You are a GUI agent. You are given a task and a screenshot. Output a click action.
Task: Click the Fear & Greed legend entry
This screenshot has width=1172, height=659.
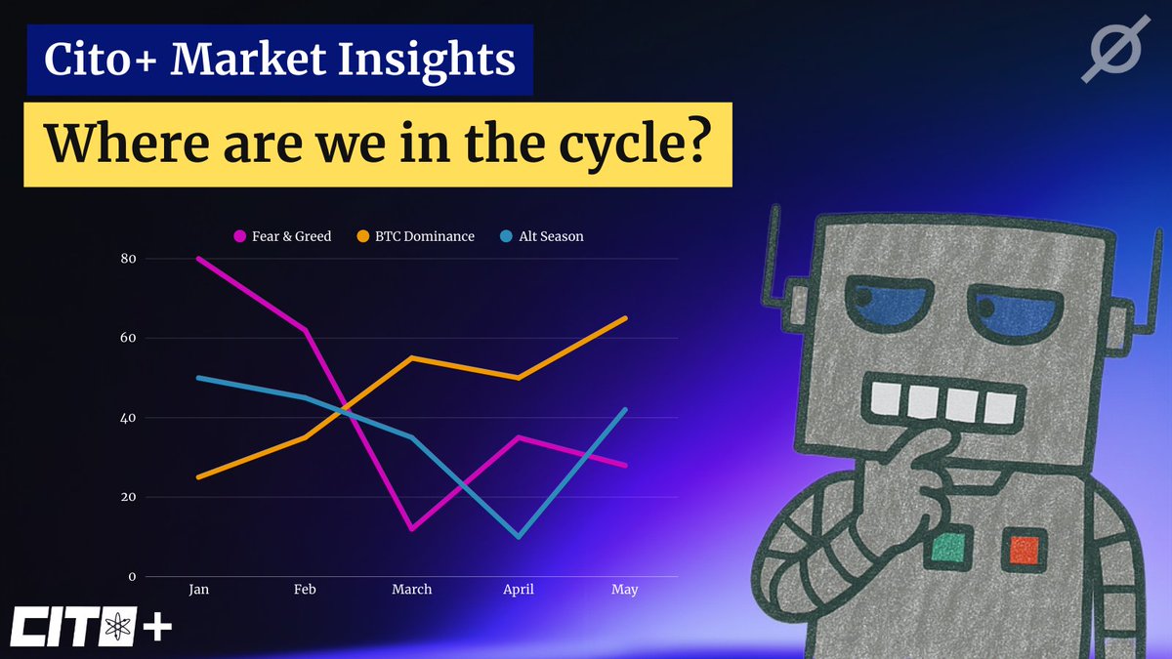(x=283, y=236)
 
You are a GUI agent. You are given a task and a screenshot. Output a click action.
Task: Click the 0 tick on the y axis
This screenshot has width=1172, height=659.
(x=132, y=577)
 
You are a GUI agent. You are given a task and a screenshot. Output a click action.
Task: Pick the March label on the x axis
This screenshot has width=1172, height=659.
(x=412, y=590)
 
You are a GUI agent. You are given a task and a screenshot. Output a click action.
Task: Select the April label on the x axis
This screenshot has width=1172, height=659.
(x=519, y=590)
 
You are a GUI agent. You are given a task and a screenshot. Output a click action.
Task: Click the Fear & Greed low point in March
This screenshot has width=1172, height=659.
(x=412, y=529)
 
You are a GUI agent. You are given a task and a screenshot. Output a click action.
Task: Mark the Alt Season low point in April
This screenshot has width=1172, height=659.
(x=519, y=537)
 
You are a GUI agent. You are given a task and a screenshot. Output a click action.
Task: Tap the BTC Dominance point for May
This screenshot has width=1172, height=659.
(x=625, y=318)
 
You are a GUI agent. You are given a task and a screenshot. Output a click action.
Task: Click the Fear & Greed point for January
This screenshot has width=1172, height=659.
(x=199, y=259)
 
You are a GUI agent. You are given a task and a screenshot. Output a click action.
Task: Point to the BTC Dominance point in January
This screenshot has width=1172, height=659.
(x=199, y=477)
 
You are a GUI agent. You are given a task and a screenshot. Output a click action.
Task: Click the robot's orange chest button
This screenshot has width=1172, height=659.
(x=1025, y=549)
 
